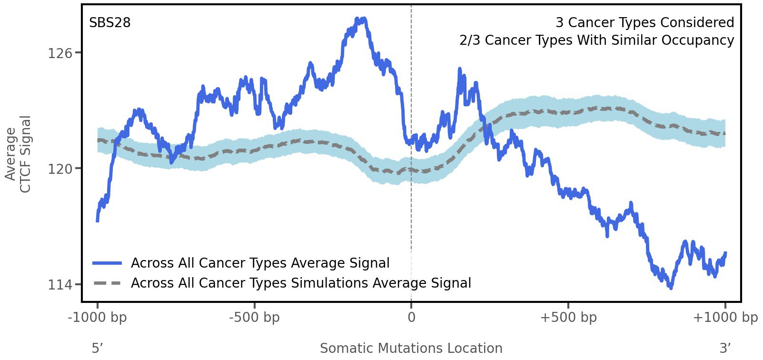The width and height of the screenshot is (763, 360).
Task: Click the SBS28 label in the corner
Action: [x=109, y=23]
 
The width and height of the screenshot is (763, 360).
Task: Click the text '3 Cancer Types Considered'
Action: [x=644, y=23]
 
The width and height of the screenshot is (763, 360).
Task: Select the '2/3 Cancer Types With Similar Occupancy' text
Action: [x=596, y=40]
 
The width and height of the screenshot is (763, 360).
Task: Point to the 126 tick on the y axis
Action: [x=60, y=53]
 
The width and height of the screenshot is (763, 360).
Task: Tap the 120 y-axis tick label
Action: [x=60, y=169]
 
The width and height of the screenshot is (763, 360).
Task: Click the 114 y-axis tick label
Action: [x=60, y=285]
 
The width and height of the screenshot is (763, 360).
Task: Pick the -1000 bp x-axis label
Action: [x=98, y=318]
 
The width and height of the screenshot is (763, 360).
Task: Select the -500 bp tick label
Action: [x=254, y=318]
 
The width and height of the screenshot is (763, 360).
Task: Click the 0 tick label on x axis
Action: [x=411, y=318]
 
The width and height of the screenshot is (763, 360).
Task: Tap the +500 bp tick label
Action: [x=568, y=318]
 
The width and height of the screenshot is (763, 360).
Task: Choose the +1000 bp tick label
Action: [x=725, y=318]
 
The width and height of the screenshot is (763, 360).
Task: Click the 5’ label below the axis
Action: [x=97, y=349]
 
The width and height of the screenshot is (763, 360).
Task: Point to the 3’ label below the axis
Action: [x=725, y=349]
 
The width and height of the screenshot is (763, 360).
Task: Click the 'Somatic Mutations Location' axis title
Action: [x=411, y=349]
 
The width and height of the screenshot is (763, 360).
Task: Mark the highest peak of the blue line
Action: [x=363, y=19]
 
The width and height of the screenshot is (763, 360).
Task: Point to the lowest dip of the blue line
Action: [x=671, y=288]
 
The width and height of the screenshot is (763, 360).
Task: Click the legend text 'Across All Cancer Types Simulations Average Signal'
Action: [x=301, y=283]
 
